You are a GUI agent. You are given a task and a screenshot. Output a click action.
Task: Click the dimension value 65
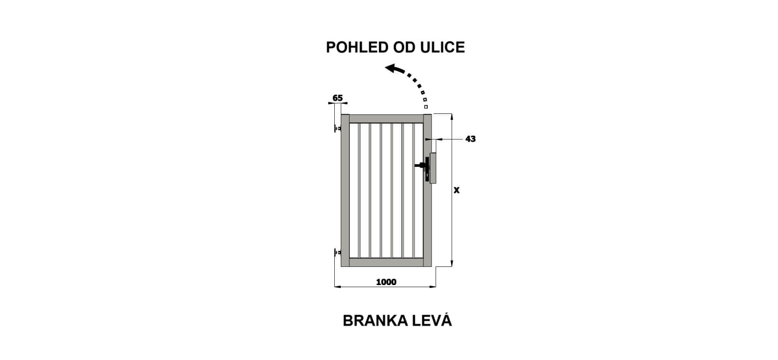338,98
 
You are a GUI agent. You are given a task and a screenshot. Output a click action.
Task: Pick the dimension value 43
470,139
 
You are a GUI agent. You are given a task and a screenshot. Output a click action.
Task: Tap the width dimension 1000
386,282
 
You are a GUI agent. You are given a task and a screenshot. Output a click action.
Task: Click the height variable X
457,190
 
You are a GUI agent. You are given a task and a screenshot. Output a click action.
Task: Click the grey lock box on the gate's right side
433,168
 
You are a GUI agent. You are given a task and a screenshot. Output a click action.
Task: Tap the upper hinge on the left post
338,128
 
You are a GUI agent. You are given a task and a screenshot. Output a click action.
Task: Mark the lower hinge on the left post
338,253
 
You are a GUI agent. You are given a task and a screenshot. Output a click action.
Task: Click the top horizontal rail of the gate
386,119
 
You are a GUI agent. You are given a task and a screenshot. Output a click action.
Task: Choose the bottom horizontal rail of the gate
386,262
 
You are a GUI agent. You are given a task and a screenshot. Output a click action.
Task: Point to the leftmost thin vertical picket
359,190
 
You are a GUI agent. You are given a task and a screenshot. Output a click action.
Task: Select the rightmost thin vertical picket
413,190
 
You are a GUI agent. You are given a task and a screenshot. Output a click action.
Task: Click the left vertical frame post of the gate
345,191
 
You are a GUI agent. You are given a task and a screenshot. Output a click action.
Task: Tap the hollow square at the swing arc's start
426,107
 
